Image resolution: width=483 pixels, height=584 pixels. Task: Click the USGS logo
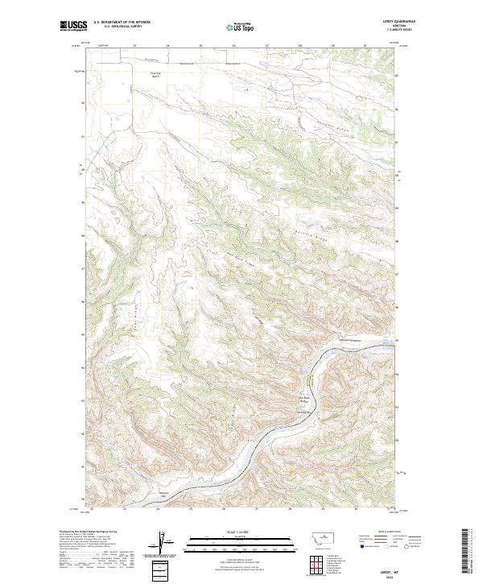(x=74, y=26)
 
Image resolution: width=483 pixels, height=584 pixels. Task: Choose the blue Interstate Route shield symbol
(x=361, y=545)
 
